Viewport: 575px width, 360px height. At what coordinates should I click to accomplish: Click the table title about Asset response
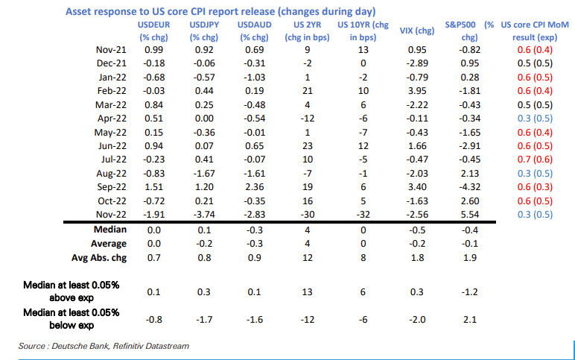click(220, 13)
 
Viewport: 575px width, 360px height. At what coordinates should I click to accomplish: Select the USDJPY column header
click(204, 31)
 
